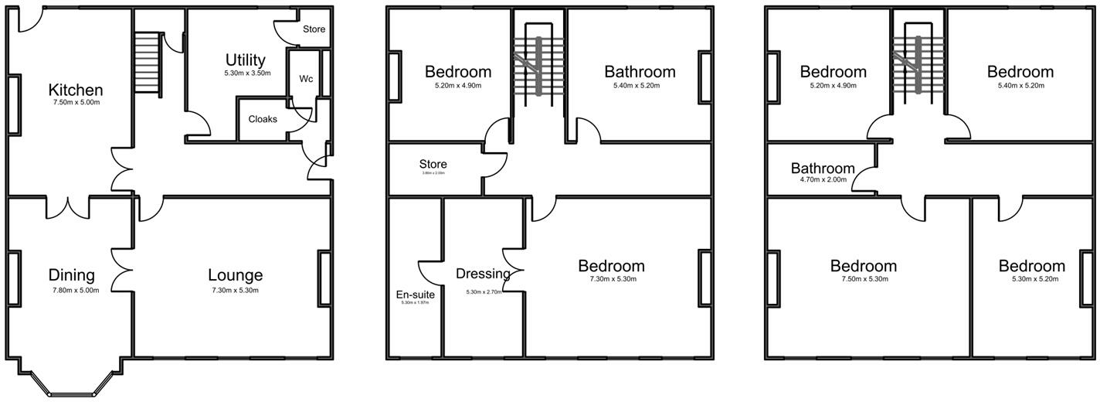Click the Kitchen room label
coord(76,90)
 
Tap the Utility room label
coord(246,60)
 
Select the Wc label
coord(306,79)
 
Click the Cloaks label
coord(263,119)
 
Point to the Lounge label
coord(235,274)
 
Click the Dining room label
coord(71,274)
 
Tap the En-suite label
coord(416,294)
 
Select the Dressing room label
coord(483,274)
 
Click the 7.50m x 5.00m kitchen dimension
coord(76,102)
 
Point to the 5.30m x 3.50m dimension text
coord(246,73)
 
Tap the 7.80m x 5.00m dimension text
coord(72,290)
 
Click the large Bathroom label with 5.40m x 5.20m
coord(640,72)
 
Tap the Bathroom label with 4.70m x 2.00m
coord(823,168)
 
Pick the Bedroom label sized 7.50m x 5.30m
coord(864,266)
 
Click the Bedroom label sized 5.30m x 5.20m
coord(1031,266)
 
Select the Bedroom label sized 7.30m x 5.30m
coord(611,266)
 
